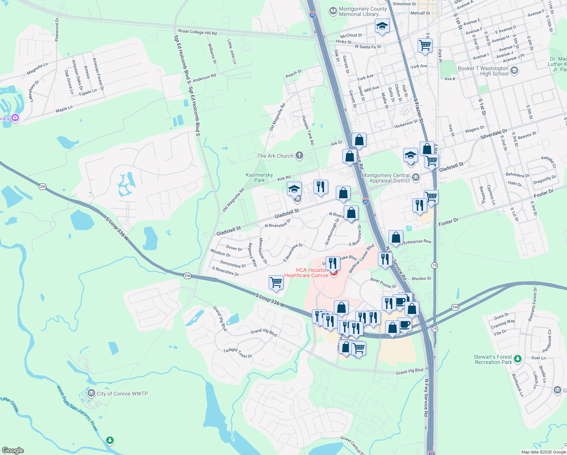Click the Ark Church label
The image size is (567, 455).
click(276, 156)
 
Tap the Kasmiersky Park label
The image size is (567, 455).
click(259, 177)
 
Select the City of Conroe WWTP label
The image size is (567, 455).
click(122, 394)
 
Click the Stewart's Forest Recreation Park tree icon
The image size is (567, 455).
click(518, 358)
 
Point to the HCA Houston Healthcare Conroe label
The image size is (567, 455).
click(306, 273)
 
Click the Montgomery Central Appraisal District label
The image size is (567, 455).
click(386, 178)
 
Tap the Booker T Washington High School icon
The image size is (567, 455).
click(514, 71)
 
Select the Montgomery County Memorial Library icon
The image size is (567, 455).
click(333, 11)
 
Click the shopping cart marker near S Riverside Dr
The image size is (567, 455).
click(276, 282)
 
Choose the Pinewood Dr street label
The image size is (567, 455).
click(57, 30)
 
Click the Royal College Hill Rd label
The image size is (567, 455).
click(197, 32)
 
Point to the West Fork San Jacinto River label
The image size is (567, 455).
click(77, 408)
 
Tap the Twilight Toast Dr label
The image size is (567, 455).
click(238, 353)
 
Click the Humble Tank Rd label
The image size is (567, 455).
click(308, 130)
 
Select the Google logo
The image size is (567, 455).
click(13, 450)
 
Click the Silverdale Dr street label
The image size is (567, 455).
click(493, 134)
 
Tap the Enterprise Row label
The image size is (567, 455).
click(417, 242)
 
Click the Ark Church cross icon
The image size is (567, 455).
click(299, 155)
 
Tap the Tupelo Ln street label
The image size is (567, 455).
click(88, 92)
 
